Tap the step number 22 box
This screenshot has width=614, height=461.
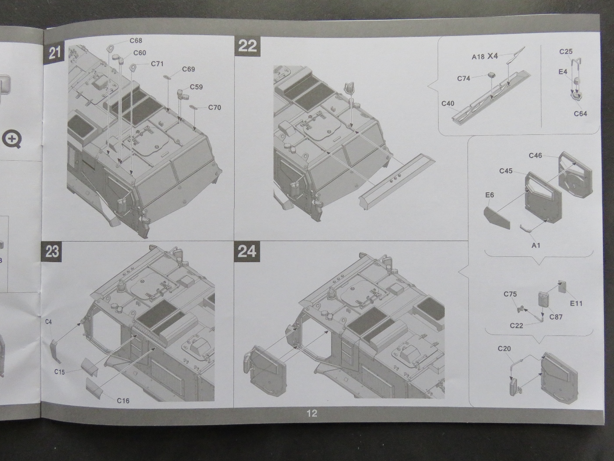point(247,46)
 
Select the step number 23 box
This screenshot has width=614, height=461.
point(52,252)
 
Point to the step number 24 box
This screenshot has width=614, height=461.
point(247,251)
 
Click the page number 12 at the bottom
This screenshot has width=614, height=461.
point(312,413)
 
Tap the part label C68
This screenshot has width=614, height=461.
point(136,41)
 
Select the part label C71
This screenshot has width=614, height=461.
point(157,64)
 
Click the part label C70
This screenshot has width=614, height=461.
point(214,108)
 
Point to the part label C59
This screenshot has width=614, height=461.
point(196,87)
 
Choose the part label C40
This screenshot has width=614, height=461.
point(448,104)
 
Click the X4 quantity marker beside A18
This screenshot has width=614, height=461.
point(493,56)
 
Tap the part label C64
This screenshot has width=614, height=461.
point(580,114)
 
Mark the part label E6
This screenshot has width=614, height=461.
point(489,195)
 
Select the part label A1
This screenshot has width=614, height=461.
point(536,245)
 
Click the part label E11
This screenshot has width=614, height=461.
point(576,303)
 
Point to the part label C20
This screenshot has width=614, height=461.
point(504,349)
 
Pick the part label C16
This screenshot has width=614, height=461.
point(123,401)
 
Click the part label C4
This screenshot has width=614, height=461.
point(49,322)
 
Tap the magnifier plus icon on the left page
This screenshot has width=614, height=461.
point(12,140)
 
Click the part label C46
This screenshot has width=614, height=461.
point(535,155)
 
